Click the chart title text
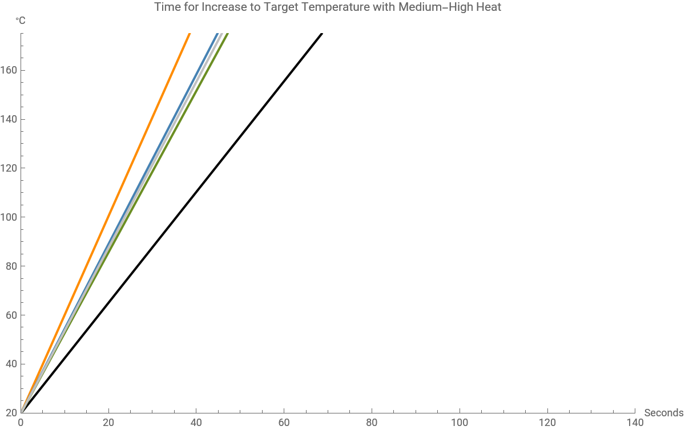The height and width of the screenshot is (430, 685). (x=328, y=7)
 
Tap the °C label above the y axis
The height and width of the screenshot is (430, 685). (x=21, y=21)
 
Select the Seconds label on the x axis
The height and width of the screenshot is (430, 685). (x=663, y=413)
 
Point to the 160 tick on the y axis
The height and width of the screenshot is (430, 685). (x=10, y=71)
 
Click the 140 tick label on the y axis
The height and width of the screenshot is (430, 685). (x=10, y=120)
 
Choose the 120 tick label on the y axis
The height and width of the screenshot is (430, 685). (x=10, y=168)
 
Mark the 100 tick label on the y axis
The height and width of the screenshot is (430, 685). (x=10, y=217)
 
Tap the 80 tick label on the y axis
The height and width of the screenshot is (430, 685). (x=11, y=266)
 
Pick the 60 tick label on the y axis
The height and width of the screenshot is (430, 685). (x=11, y=315)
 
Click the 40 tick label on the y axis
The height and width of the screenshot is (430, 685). (x=11, y=364)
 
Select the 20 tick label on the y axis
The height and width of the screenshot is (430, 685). (x=11, y=412)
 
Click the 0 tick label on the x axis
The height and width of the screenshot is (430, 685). (x=21, y=423)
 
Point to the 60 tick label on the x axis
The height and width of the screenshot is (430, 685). (x=284, y=423)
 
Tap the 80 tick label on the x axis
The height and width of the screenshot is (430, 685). (x=372, y=423)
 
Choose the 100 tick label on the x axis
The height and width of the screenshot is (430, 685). (x=460, y=423)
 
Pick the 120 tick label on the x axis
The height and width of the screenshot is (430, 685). (x=547, y=423)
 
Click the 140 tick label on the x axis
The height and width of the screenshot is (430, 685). (x=635, y=423)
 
